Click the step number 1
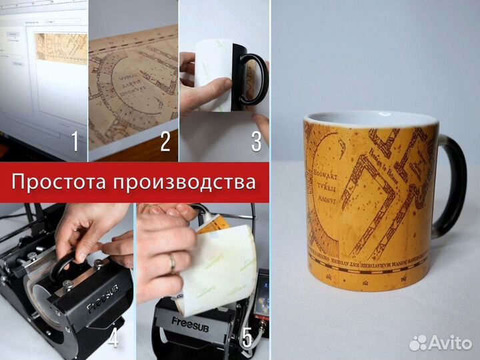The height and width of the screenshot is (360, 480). click(76, 141)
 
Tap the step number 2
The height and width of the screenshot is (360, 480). click(165, 141)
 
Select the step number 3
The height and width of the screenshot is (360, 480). click(256, 141)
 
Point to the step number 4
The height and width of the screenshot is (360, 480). click(113, 339)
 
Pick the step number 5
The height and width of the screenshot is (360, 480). click(247, 339)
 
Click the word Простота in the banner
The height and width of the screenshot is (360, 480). click(61, 181)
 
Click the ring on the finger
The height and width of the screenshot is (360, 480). click(172, 263)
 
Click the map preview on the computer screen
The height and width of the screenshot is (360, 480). click(61, 48)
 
